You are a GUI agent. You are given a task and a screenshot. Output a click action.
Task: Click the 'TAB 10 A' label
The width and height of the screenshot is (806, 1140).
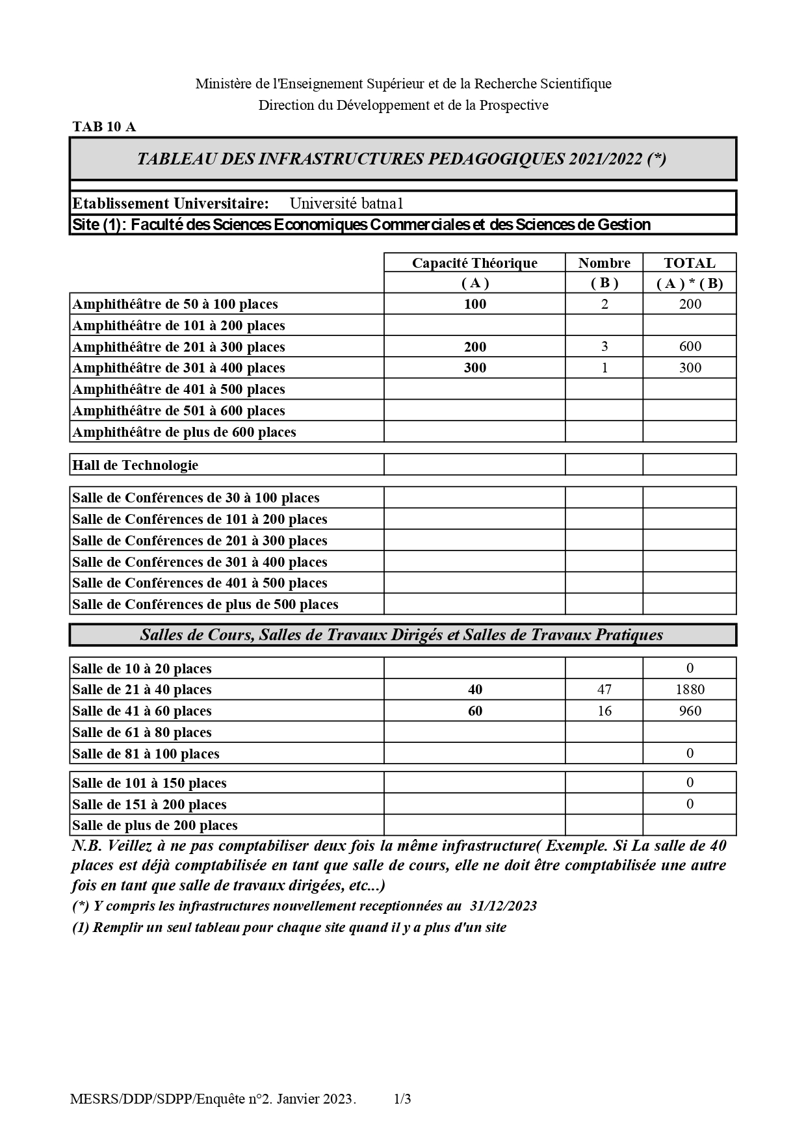pyautogui.click(x=104, y=127)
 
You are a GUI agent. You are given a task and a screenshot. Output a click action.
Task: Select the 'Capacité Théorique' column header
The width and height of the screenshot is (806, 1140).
pyautogui.click(x=474, y=263)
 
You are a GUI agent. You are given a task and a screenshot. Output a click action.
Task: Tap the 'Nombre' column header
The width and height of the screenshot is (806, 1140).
pyautogui.click(x=604, y=263)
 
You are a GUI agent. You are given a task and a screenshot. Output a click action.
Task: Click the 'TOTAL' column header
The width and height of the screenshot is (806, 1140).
pyautogui.click(x=689, y=263)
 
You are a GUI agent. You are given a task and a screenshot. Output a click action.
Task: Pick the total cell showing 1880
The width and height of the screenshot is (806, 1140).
pyautogui.click(x=690, y=690)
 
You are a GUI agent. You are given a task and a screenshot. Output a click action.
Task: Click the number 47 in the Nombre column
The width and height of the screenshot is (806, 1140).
pyautogui.click(x=604, y=690)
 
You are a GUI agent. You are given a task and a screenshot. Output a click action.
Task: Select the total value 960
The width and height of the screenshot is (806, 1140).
pyautogui.click(x=690, y=711)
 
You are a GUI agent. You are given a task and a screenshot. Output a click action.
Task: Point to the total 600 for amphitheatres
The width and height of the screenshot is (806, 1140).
pyautogui.click(x=690, y=346)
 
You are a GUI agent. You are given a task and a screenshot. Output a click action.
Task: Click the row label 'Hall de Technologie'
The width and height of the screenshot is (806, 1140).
pyautogui.click(x=135, y=465)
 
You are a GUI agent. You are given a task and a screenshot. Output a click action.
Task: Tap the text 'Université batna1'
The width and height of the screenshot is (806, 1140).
pyautogui.click(x=346, y=203)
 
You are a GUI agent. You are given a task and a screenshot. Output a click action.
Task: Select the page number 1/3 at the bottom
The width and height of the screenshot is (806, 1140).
pyautogui.click(x=402, y=1100)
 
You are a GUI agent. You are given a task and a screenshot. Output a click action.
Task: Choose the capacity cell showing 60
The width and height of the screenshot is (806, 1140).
pyautogui.click(x=474, y=711)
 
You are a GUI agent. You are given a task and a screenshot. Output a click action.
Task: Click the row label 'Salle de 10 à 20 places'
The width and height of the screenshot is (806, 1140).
pyautogui.click(x=142, y=669)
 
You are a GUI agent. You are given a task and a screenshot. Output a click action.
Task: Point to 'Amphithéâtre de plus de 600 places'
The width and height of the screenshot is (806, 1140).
pyautogui.click(x=184, y=432)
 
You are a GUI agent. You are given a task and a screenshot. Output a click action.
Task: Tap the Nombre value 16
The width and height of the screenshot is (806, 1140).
pyautogui.click(x=604, y=711)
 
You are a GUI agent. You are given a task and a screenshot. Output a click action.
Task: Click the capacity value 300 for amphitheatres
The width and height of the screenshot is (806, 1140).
pyautogui.click(x=474, y=368)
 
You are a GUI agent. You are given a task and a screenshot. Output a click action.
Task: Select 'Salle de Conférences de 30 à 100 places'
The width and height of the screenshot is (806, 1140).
pyautogui.click(x=196, y=498)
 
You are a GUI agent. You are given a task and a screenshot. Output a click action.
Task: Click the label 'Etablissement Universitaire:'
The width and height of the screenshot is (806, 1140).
pyautogui.click(x=170, y=203)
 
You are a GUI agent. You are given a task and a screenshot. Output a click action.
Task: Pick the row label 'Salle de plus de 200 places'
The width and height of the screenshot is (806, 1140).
pyautogui.click(x=155, y=825)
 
